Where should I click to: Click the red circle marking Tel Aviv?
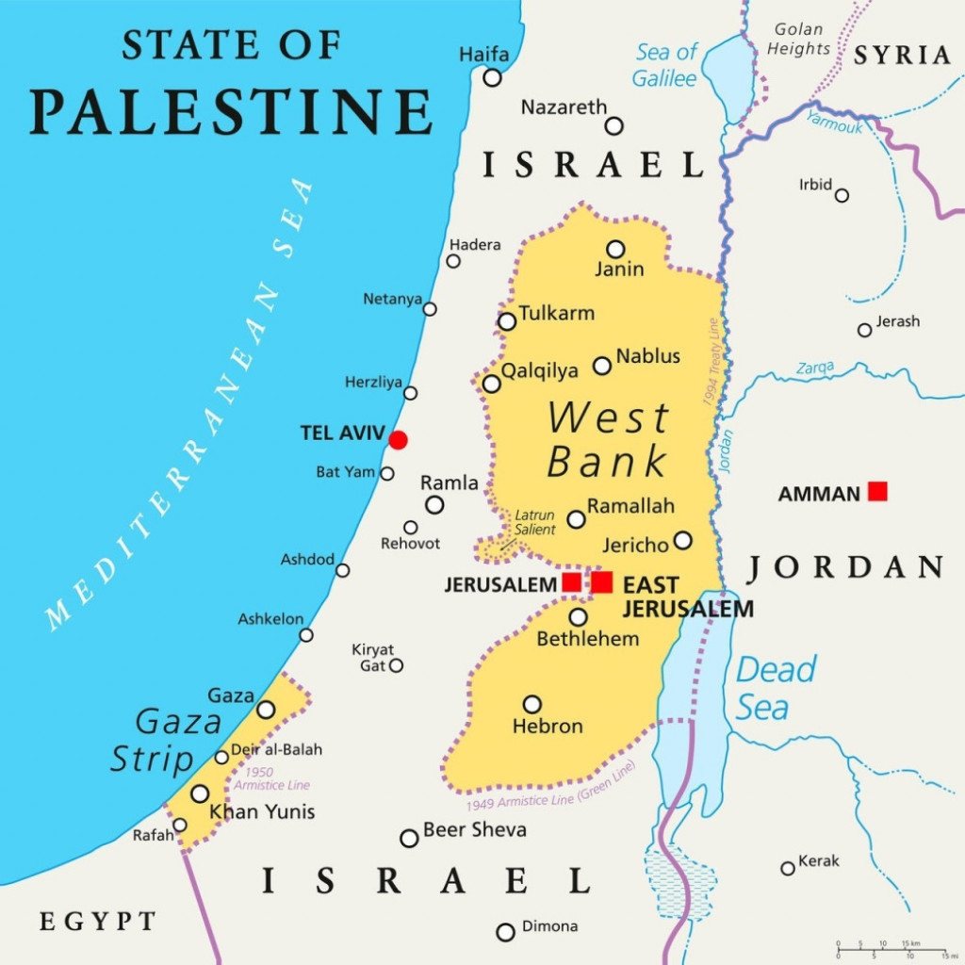[399, 440]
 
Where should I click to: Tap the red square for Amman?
[877, 491]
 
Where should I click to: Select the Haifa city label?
[483, 55]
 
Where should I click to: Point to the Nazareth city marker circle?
[614, 126]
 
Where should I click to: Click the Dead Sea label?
[775, 689]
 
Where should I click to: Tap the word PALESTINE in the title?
[232, 110]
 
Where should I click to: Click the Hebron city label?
[548, 727]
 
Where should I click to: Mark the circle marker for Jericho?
[682, 541]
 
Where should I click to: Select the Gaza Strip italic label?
[167, 741]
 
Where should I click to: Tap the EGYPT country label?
[98, 922]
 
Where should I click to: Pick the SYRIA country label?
[903, 56]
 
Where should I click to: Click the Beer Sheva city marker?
[409, 838]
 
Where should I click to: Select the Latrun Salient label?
[534, 523]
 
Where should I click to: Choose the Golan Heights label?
[798, 39]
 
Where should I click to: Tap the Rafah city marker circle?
[180, 826]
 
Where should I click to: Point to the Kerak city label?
[818, 861]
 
